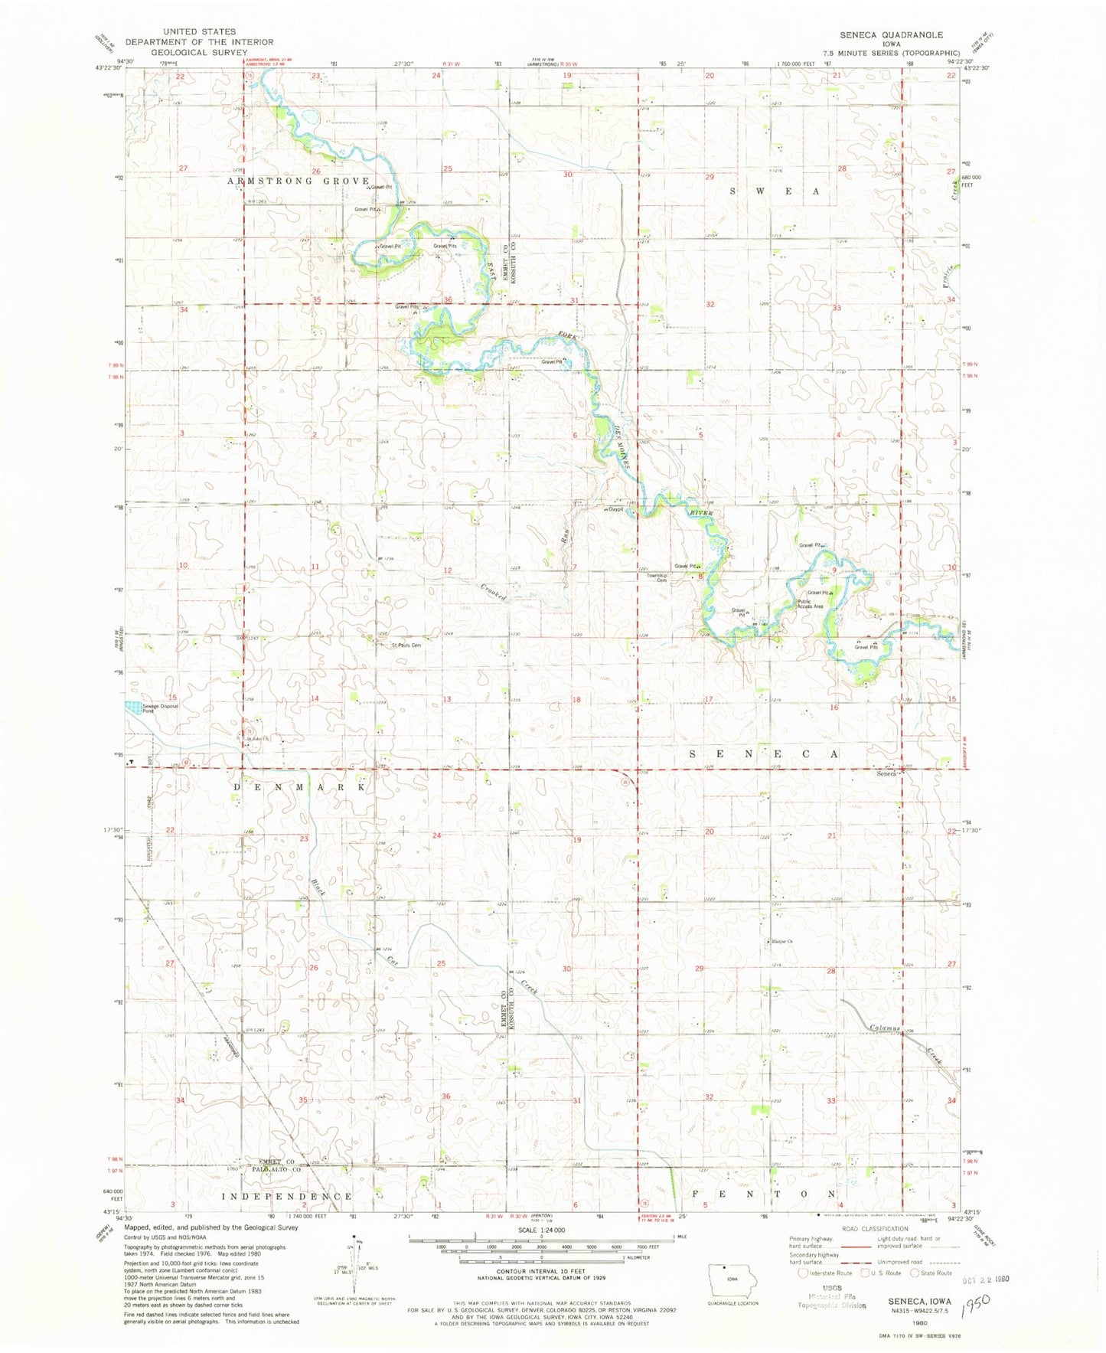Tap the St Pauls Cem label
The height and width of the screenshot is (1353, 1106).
coord(406,645)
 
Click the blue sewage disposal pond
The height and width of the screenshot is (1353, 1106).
coord(132,708)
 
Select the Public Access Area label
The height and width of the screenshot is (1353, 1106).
coord(810,604)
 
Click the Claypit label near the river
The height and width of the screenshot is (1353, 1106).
coord(615,510)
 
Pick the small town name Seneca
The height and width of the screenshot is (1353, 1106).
coord(886,773)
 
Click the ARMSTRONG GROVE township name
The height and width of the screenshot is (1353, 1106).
coord(298,181)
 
